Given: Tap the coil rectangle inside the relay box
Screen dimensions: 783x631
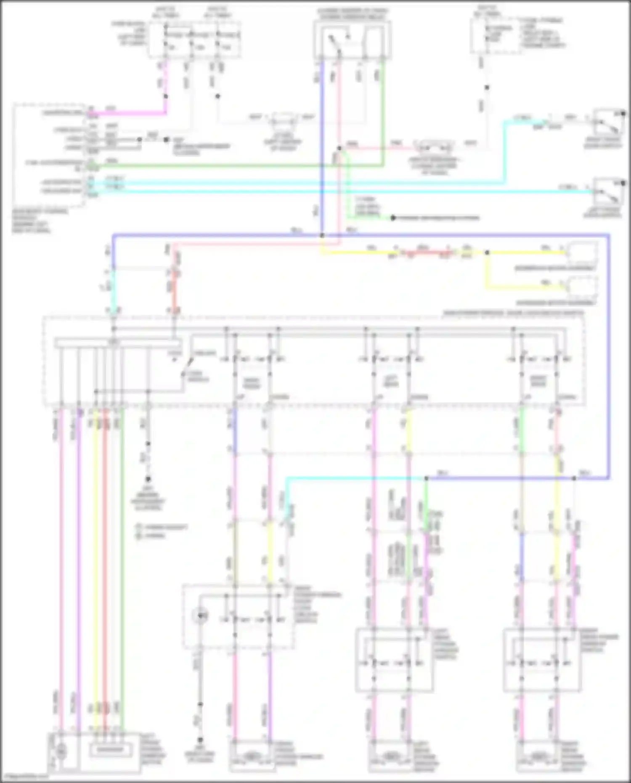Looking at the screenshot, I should (374, 40).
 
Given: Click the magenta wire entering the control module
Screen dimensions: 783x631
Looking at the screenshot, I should (126, 113).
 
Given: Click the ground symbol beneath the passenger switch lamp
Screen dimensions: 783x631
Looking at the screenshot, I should (200, 739).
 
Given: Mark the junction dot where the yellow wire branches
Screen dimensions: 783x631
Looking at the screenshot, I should (487, 253).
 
